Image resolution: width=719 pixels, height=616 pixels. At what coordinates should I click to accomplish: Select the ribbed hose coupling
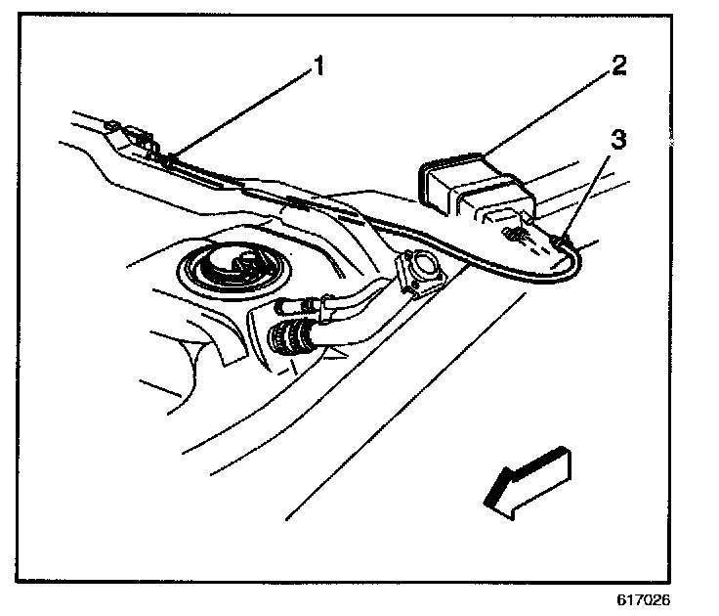click(290, 342)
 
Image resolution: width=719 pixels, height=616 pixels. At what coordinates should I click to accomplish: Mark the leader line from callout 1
click(244, 112)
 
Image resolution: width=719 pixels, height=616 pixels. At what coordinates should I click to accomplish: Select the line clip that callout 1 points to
click(172, 155)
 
